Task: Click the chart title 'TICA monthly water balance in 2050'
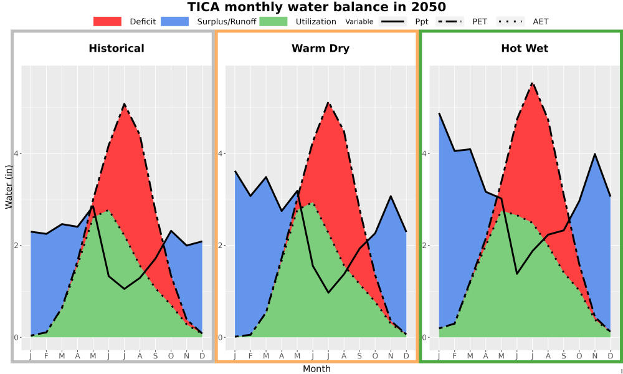point(316,7)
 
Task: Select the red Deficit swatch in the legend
point(107,21)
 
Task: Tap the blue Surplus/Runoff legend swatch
point(175,21)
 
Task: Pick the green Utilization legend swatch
point(273,21)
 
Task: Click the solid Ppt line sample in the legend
point(392,21)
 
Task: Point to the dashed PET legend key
point(449,21)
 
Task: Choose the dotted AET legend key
point(510,21)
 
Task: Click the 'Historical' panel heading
point(117,49)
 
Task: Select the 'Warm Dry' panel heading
point(321,49)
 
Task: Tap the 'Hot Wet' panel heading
point(525,49)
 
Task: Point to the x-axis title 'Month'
point(316,369)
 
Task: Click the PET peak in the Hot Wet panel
point(533,84)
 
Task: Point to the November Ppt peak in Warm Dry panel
point(391,196)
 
